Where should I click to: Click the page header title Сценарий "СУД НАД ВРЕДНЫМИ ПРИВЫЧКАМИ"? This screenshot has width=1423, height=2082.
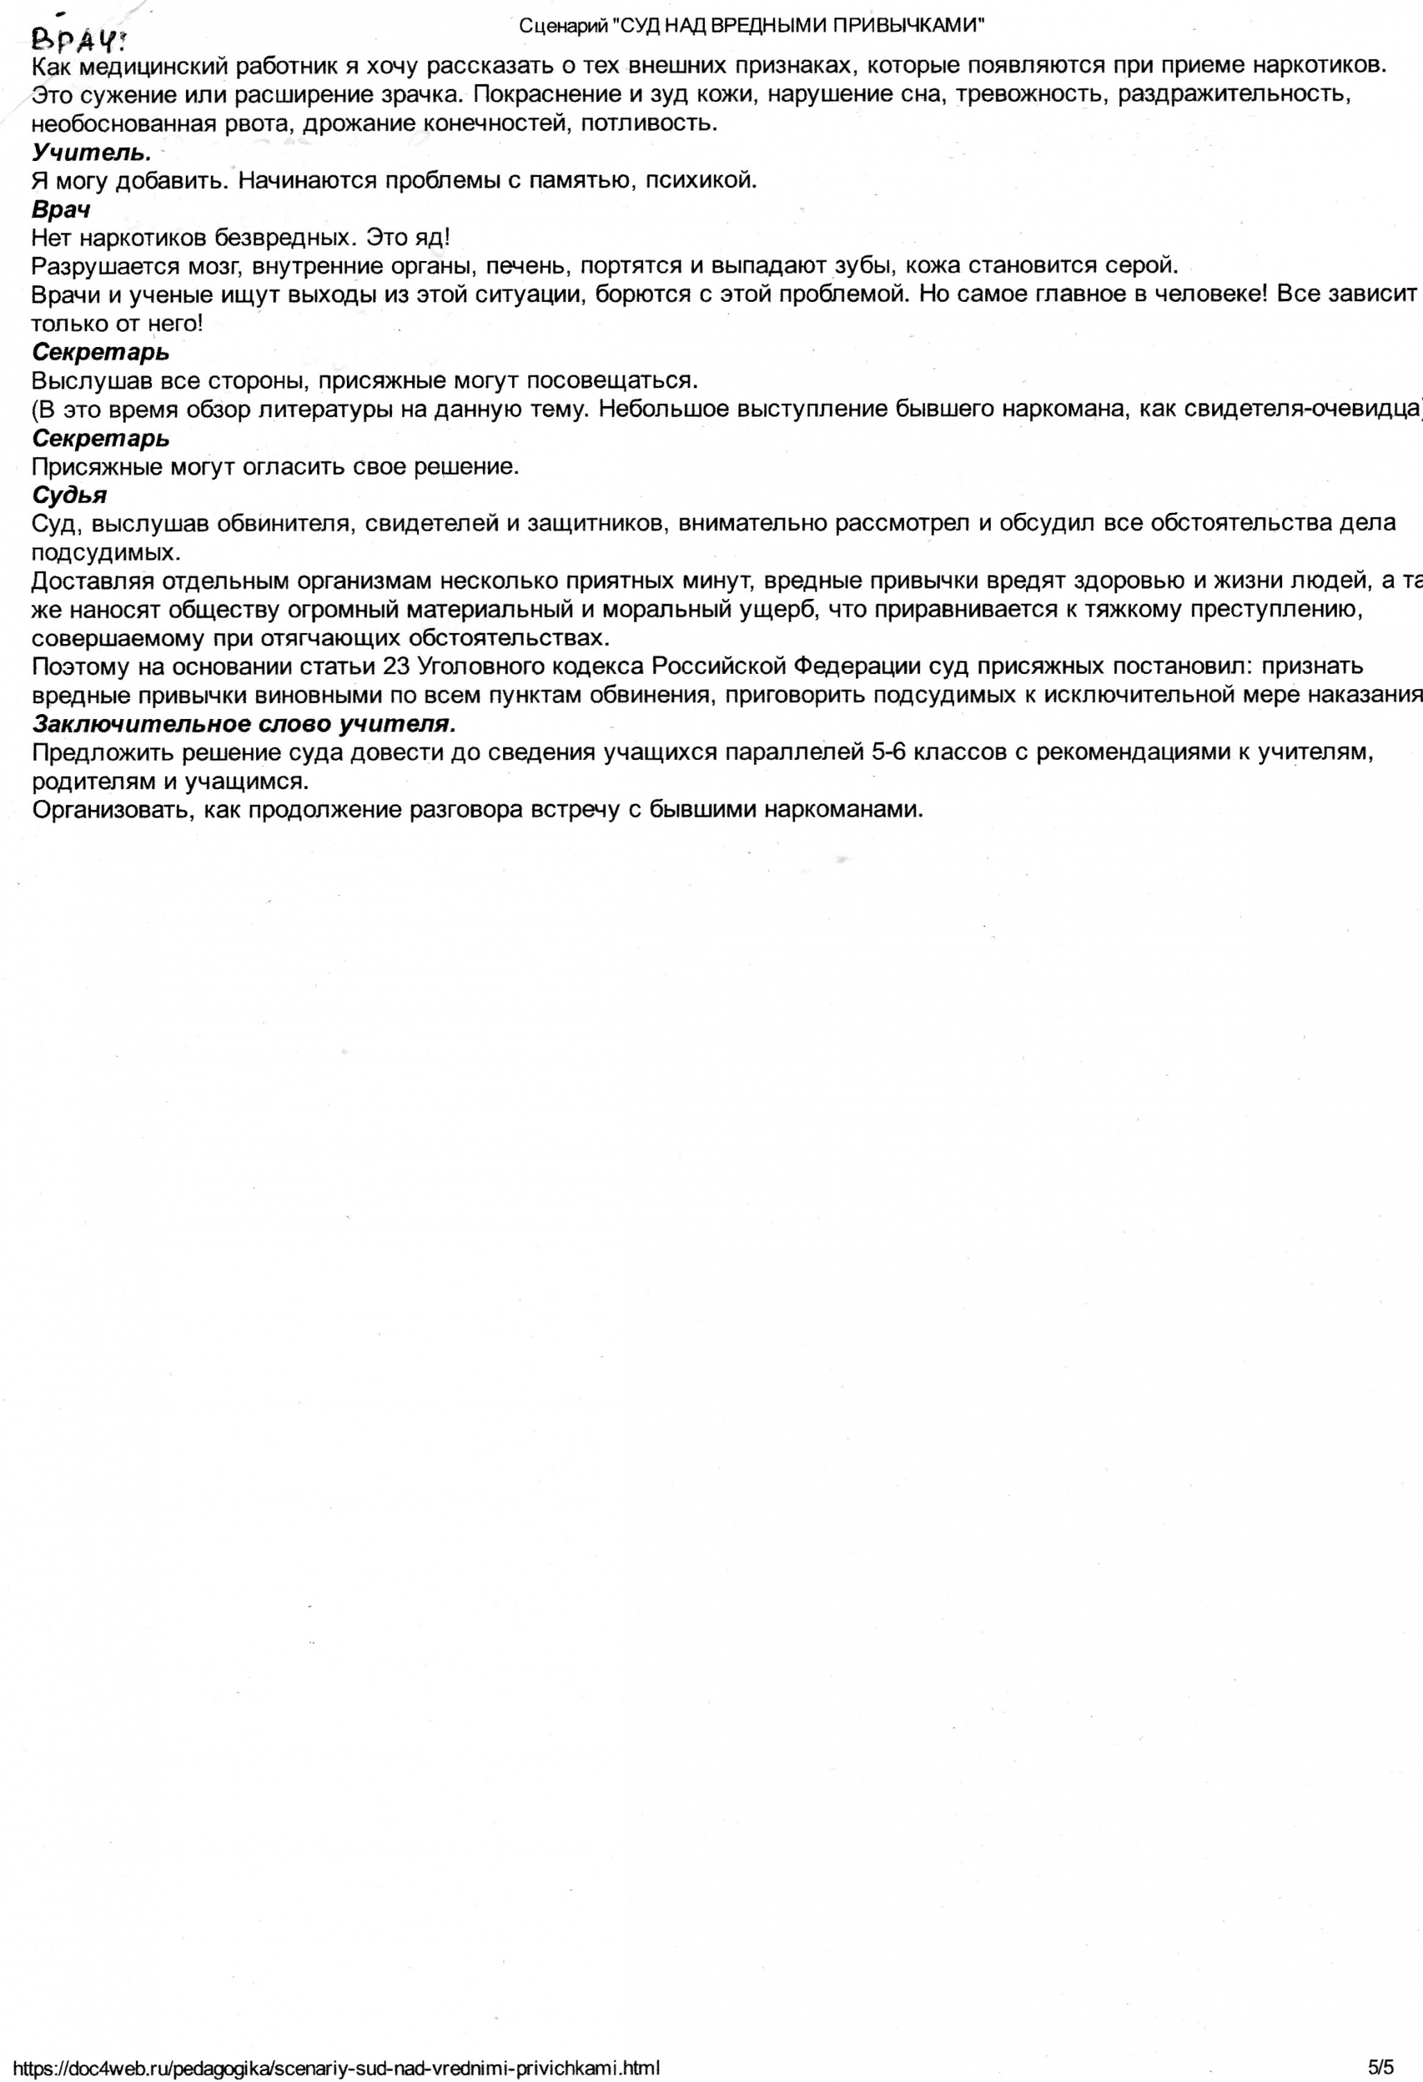751,26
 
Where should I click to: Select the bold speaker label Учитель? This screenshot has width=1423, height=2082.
92,152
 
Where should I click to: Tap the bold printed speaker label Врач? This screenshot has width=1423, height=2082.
61,210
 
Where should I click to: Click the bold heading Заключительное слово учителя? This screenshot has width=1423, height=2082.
244,724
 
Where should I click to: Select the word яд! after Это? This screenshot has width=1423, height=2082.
431,238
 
